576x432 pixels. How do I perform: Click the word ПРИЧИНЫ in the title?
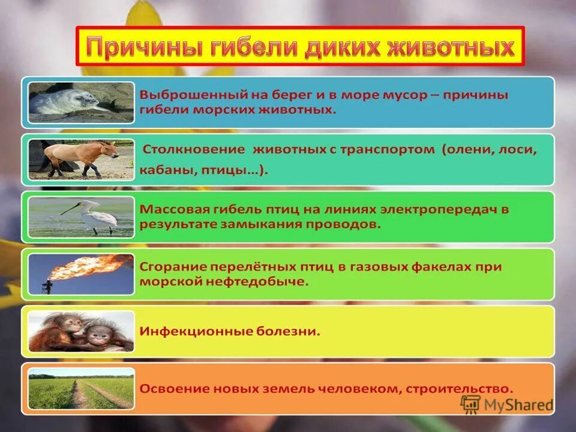coord(144,47)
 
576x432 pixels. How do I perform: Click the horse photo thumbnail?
coord(81,159)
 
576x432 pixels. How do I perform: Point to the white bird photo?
coord(81,215)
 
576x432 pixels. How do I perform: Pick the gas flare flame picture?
coord(81,273)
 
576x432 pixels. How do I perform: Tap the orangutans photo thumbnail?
coord(81,331)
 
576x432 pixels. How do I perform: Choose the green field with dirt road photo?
coord(81,388)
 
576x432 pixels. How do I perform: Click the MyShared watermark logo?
coord(507,405)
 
